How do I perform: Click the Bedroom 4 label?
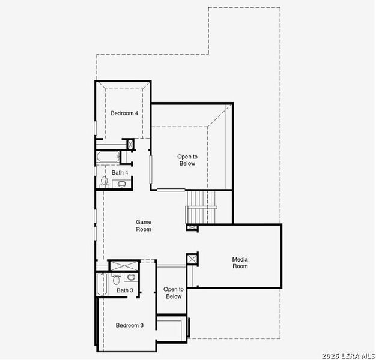pyautogui.click(x=124, y=113)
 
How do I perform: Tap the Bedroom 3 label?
pyautogui.click(x=130, y=325)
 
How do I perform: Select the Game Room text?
pyautogui.click(x=144, y=226)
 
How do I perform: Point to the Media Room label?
pyautogui.click(x=240, y=263)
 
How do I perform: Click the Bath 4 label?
pyautogui.click(x=120, y=172)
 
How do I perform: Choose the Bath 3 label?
pyautogui.click(x=125, y=290)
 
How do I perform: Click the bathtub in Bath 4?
pyautogui.click(x=108, y=157)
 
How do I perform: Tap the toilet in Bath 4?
pyautogui.click(x=105, y=181)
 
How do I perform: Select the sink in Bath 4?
pyautogui.click(x=121, y=184)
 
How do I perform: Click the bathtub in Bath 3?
pyautogui.click(x=102, y=284)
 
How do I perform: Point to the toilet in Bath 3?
pyautogui.click(x=117, y=279)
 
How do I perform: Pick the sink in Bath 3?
pyautogui.click(x=131, y=277)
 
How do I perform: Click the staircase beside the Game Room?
pyautogui.click(x=201, y=207)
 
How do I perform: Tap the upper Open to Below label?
pyautogui.click(x=187, y=160)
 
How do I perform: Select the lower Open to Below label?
pyautogui.click(x=174, y=293)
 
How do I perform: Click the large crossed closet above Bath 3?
pyautogui.click(x=124, y=266)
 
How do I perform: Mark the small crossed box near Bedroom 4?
pyautogui.click(x=130, y=144)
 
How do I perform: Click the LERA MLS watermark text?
pyautogui.click(x=348, y=356)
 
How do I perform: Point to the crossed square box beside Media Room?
pyautogui.click(x=192, y=259)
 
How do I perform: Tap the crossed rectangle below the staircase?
pyautogui.click(x=192, y=227)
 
